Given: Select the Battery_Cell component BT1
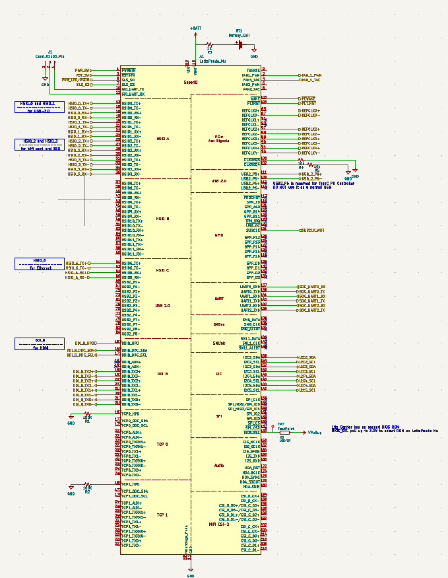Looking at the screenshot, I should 240,44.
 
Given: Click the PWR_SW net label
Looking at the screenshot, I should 82,70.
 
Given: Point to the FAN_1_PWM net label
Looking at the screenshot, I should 311,75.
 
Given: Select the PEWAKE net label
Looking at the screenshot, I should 307,98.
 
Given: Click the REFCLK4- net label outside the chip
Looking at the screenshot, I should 310,153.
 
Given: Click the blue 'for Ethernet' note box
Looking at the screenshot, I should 40,264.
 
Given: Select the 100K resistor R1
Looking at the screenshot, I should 86,414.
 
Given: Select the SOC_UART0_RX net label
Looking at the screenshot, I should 311,287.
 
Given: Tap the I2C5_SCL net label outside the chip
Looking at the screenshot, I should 307,390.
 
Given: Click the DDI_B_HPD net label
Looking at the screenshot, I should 85,343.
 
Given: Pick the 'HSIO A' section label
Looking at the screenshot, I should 163,139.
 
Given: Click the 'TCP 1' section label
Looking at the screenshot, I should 162,515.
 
